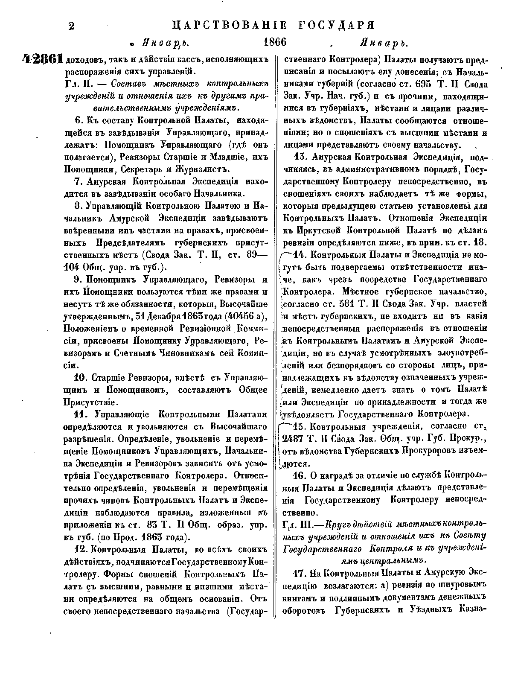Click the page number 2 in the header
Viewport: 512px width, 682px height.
[72, 26]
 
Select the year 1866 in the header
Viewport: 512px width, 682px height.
[274, 43]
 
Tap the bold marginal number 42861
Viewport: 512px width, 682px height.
[42, 60]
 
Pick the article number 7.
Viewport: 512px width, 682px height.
[78, 181]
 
